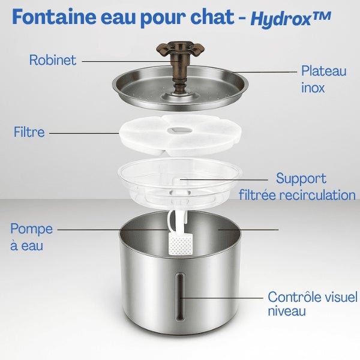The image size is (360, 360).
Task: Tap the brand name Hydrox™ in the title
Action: point(290,19)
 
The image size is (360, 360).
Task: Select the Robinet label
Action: point(53,61)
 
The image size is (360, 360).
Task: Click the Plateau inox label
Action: point(323,79)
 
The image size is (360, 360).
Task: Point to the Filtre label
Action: point(29,132)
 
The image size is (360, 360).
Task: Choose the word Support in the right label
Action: point(301,178)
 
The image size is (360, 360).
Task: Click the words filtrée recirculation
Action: point(297,194)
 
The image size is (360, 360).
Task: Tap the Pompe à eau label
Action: point(31,237)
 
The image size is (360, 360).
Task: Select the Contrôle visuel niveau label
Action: point(312,304)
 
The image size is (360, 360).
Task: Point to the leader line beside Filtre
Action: point(84,133)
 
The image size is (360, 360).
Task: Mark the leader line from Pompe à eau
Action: point(114,229)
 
